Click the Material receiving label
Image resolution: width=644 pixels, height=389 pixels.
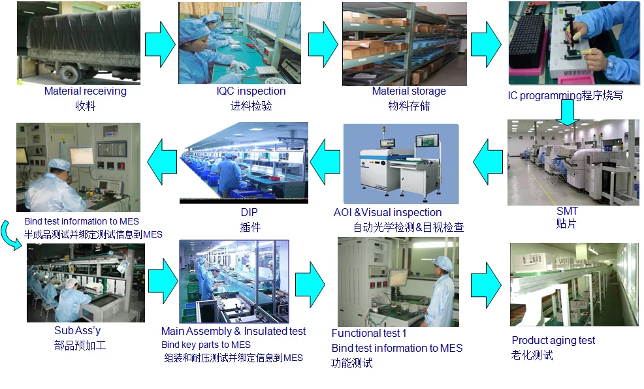point(85,91)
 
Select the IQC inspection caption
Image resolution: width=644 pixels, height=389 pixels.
point(251,91)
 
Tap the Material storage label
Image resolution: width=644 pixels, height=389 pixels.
point(409,91)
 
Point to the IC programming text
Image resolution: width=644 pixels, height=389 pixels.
point(566,95)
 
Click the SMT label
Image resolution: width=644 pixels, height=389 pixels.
point(567,211)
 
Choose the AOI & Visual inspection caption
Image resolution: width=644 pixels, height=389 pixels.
point(388,212)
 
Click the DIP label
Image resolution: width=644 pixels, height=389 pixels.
point(250,213)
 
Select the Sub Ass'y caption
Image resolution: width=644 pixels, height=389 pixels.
point(78,331)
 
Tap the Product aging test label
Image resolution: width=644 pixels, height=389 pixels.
point(553,340)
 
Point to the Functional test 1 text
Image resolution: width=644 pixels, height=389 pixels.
point(369,334)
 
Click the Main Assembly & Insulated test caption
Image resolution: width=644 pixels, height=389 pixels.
point(233,332)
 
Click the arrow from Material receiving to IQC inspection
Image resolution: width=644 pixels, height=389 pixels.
point(159,44)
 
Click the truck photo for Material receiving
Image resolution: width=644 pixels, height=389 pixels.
point(78,43)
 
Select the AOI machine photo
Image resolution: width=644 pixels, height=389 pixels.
point(401,163)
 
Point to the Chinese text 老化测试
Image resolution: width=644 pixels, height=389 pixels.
point(532,356)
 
